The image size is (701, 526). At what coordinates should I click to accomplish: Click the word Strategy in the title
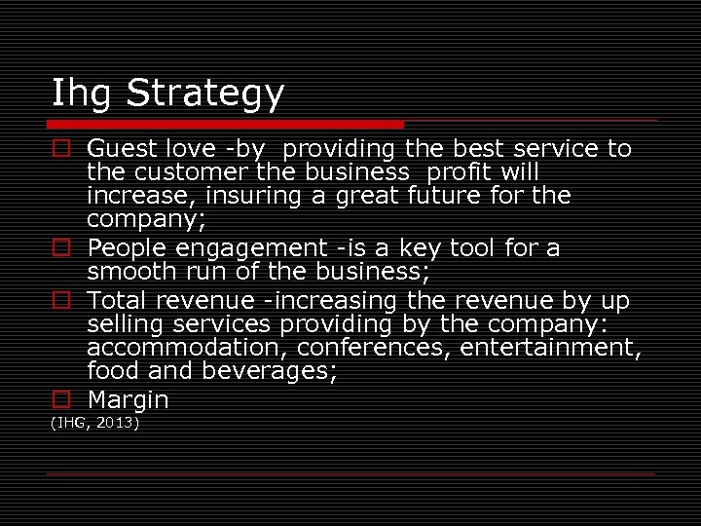coord(205,94)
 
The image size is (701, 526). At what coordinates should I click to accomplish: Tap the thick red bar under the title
coord(227,125)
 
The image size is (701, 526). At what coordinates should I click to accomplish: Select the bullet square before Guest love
coord(61,149)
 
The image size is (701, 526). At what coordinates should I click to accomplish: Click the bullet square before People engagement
coord(61,248)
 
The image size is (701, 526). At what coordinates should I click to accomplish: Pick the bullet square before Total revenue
coord(61,301)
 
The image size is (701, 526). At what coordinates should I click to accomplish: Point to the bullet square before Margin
coord(61,399)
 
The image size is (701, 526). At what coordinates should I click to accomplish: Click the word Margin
coord(128,399)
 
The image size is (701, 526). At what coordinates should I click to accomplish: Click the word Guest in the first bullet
coord(119,149)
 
